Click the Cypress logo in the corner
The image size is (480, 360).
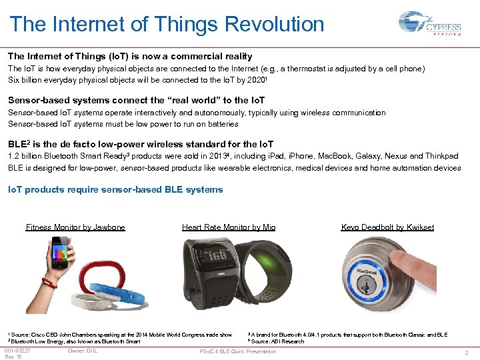(x=429, y=25)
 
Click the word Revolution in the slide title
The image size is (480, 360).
(x=275, y=25)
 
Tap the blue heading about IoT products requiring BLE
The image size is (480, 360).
(x=115, y=189)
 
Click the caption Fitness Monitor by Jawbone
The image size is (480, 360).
(x=75, y=227)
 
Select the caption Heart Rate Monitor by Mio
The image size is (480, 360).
(x=229, y=227)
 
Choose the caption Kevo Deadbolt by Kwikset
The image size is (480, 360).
(x=387, y=227)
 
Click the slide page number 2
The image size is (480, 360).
(x=467, y=352)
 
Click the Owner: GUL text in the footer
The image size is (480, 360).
(x=82, y=351)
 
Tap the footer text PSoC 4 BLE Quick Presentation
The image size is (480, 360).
(x=237, y=351)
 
